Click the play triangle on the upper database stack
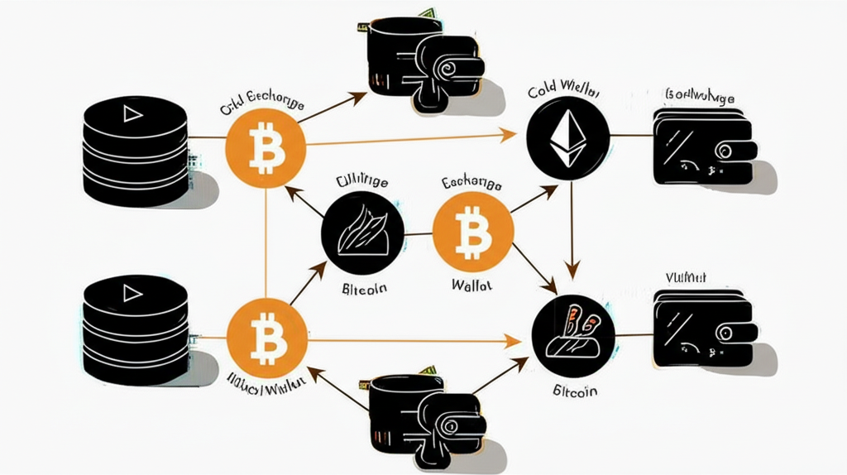[132, 114]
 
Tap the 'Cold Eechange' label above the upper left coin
[261, 107]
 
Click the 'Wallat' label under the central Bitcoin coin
[472, 285]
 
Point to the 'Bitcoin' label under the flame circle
[365, 289]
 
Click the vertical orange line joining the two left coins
[266, 240]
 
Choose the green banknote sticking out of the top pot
[427, 13]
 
